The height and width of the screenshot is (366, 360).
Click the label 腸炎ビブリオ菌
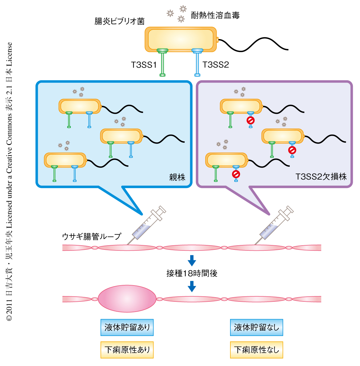(119, 21)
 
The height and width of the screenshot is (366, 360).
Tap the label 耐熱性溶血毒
(215, 15)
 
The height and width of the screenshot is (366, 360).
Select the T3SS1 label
(144, 65)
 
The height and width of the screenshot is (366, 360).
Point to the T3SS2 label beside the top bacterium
(216, 65)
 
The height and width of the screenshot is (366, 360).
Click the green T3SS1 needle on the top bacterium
(162, 63)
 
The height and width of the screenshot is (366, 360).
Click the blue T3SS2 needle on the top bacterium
(197, 63)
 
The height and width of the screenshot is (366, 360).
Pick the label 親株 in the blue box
(177, 177)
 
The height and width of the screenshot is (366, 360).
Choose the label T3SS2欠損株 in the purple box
(321, 177)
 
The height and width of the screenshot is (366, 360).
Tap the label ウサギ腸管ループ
(91, 236)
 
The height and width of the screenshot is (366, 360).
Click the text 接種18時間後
(192, 273)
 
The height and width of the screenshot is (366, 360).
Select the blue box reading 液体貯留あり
(127, 327)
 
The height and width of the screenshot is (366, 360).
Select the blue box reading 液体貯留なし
(256, 327)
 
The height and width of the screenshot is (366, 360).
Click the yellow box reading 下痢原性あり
(127, 350)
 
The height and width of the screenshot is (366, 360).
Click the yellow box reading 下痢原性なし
(256, 350)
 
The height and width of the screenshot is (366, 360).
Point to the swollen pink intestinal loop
(127, 299)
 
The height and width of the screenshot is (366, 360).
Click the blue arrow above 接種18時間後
(192, 260)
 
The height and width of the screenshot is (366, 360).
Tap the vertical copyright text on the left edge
(9, 182)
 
